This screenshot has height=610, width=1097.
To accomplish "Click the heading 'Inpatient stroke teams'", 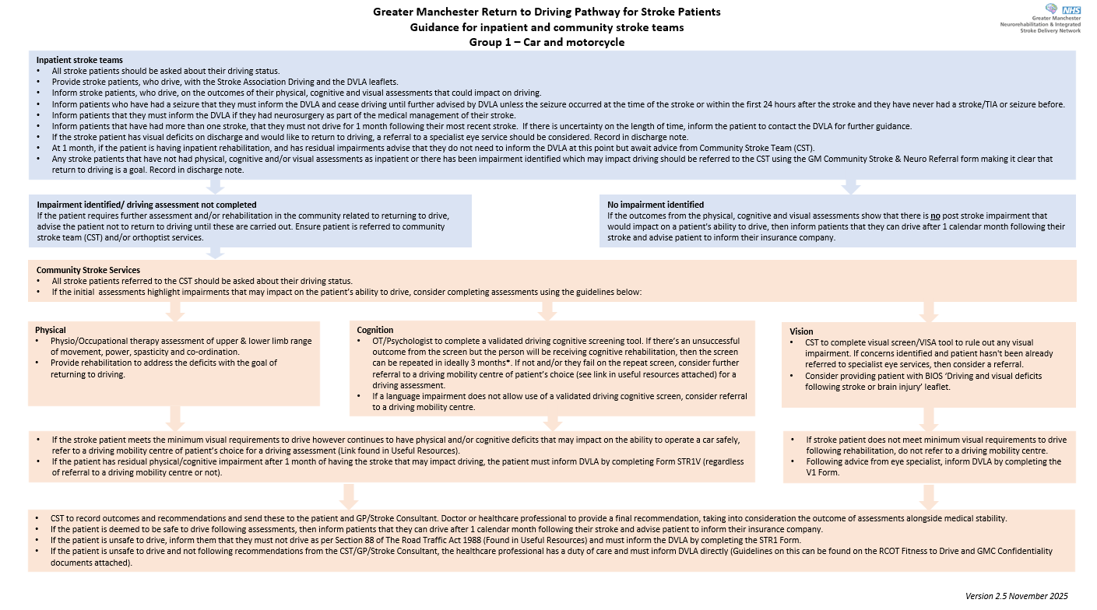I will (x=79, y=60).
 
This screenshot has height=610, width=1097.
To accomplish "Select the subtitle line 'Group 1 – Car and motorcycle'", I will (x=547, y=42).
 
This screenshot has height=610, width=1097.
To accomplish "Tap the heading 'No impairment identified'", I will (x=655, y=205).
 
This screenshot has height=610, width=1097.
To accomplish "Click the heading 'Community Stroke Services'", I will (x=88, y=270).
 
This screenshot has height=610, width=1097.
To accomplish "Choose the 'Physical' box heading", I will (x=51, y=330).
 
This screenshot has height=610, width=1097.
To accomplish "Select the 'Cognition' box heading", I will (x=375, y=330).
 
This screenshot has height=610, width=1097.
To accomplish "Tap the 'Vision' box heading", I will (x=801, y=331).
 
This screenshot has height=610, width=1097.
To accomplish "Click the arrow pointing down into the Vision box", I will (x=928, y=311).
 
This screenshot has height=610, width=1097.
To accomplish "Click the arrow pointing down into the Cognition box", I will (x=547, y=310).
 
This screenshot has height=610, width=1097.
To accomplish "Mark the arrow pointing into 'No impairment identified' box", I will (x=850, y=187).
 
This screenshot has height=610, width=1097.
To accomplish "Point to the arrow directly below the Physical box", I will (x=176, y=418).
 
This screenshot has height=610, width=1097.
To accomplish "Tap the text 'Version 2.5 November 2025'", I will (x=1016, y=596).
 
